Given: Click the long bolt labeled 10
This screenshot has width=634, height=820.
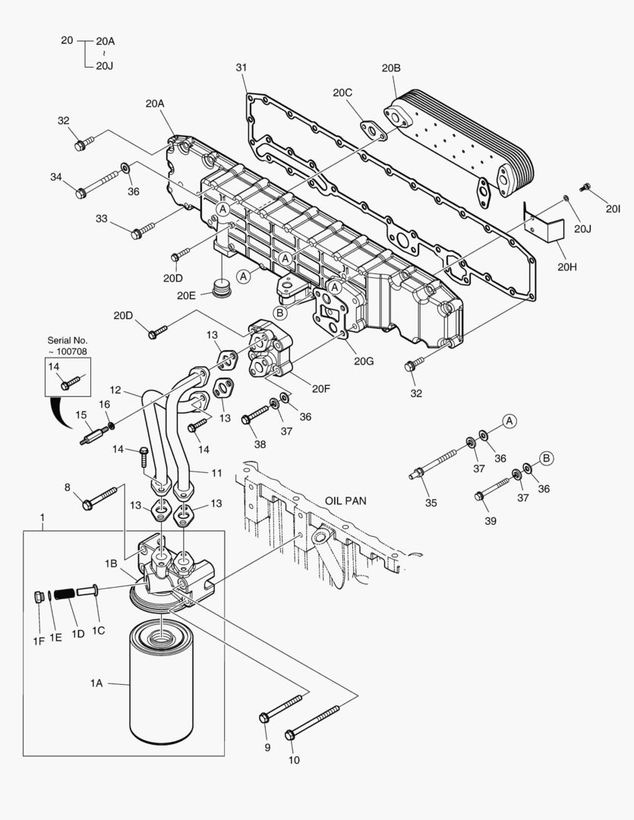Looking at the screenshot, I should pyautogui.click(x=312, y=722).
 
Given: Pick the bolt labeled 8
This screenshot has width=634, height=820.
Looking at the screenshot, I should pyautogui.click(x=99, y=497).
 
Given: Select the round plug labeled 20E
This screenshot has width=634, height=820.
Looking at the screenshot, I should pyautogui.click(x=222, y=289).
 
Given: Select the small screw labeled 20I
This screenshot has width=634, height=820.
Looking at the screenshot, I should pyautogui.click(x=585, y=186).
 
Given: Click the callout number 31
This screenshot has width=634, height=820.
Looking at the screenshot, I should pyautogui.click(x=241, y=68).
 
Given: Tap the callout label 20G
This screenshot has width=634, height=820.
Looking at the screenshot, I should pyautogui.click(x=364, y=361).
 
